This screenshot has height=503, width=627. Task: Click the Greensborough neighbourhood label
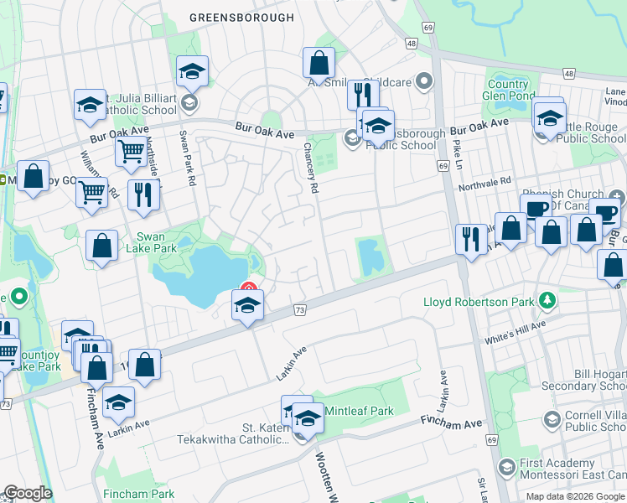coord(241,18)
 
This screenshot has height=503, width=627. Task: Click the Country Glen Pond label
coord(508,90)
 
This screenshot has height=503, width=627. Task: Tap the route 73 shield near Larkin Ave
coord(299,311)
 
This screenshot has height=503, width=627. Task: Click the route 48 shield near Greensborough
coord(411,43)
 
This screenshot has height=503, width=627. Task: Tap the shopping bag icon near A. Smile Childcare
coord(319,62)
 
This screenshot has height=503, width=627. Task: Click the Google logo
coord(28,494)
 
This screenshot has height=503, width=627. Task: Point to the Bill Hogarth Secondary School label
coord(599,380)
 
